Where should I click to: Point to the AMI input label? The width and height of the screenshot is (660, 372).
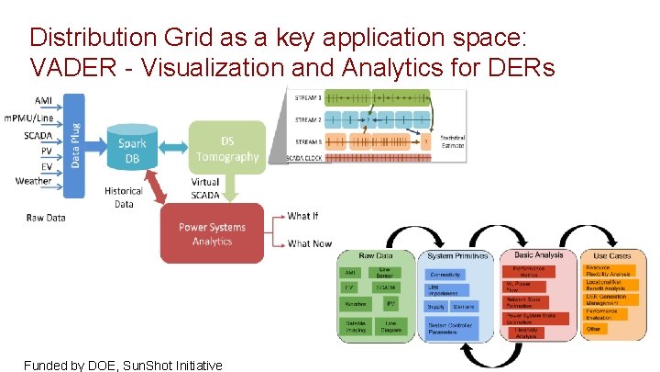[x=42, y=99]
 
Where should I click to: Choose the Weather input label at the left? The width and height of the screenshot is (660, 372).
[x=33, y=181]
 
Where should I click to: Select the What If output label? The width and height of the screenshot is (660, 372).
[x=303, y=217]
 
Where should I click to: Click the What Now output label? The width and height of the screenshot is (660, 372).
[x=309, y=243]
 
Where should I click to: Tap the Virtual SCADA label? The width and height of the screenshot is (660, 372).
[x=205, y=188]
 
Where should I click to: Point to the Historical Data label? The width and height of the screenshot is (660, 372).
[x=124, y=197]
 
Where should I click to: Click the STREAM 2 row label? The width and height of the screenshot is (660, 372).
[x=307, y=119]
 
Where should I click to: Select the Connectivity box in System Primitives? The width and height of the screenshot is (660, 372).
[x=445, y=275]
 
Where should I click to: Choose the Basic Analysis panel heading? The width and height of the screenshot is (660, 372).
[x=539, y=255]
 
